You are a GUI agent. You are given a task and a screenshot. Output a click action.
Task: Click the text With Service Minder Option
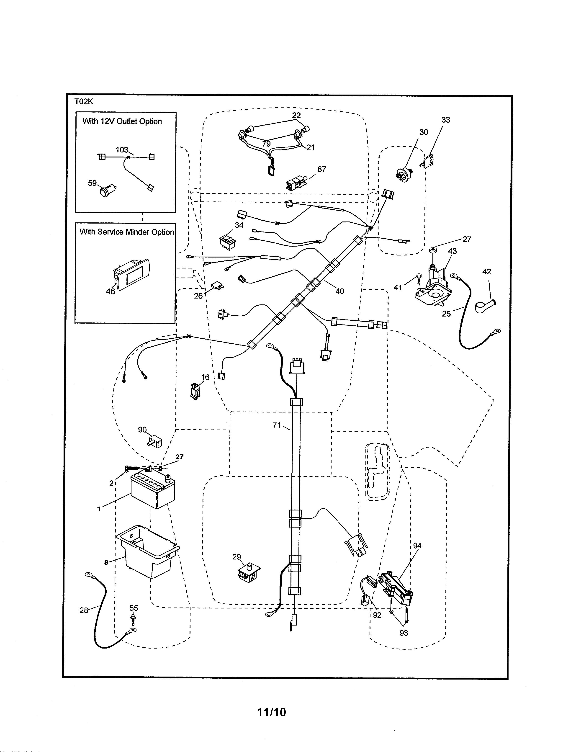(x=127, y=232)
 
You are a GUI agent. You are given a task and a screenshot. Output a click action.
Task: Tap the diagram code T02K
(x=84, y=102)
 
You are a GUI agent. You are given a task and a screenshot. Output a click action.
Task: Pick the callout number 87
(x=321, y=169)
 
